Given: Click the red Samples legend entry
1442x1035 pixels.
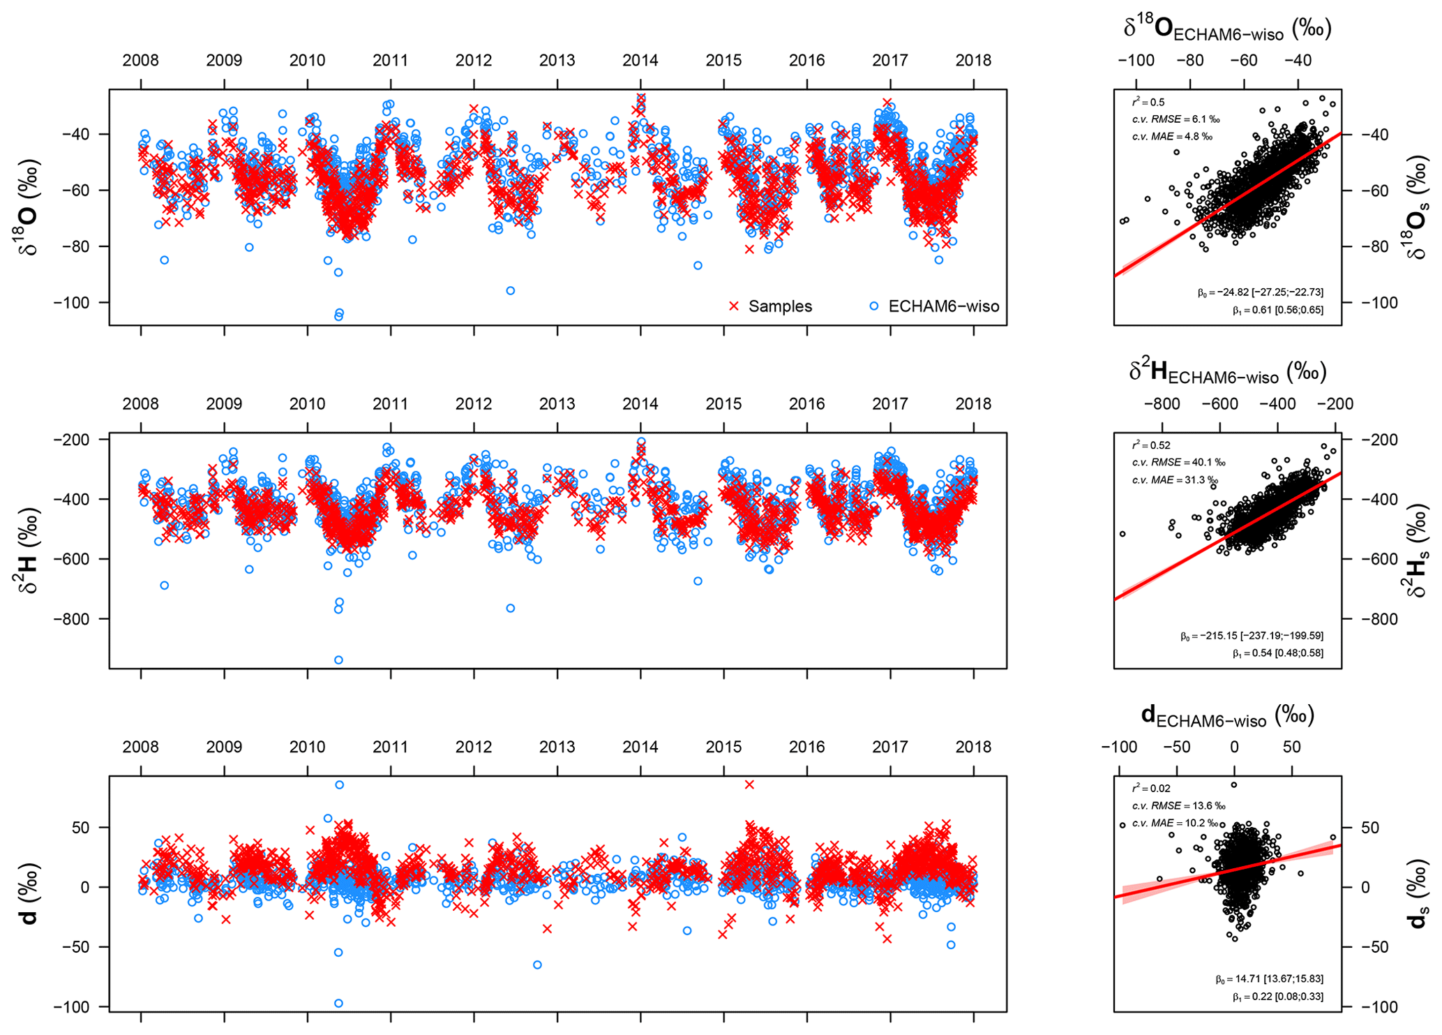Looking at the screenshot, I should (770, 306).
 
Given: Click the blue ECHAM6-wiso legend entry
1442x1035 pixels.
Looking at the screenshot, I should (934, 306).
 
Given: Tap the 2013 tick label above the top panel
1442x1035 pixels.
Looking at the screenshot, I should (557, 61).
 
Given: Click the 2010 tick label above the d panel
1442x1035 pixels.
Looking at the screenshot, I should (307, 747).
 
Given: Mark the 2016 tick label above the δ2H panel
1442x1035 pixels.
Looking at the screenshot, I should (806, 404).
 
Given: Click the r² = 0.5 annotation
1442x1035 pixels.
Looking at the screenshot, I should (1148, 103).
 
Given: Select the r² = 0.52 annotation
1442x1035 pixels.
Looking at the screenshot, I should (1150, 445).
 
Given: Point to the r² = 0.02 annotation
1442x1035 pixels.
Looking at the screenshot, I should (1150, 789).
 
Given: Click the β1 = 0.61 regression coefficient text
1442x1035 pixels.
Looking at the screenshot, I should (1277, 310).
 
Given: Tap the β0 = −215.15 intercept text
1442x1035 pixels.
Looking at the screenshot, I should (1252, 636).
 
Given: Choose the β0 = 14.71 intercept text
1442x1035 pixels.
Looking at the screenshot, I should (1269, 979).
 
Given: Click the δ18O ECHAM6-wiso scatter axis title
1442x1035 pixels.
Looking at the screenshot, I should (1227, 29).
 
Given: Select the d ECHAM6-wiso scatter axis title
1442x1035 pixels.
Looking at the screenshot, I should (1227, 715).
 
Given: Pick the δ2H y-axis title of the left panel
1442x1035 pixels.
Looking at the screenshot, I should (28, 551).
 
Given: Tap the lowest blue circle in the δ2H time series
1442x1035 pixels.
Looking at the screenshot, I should (338, 660).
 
